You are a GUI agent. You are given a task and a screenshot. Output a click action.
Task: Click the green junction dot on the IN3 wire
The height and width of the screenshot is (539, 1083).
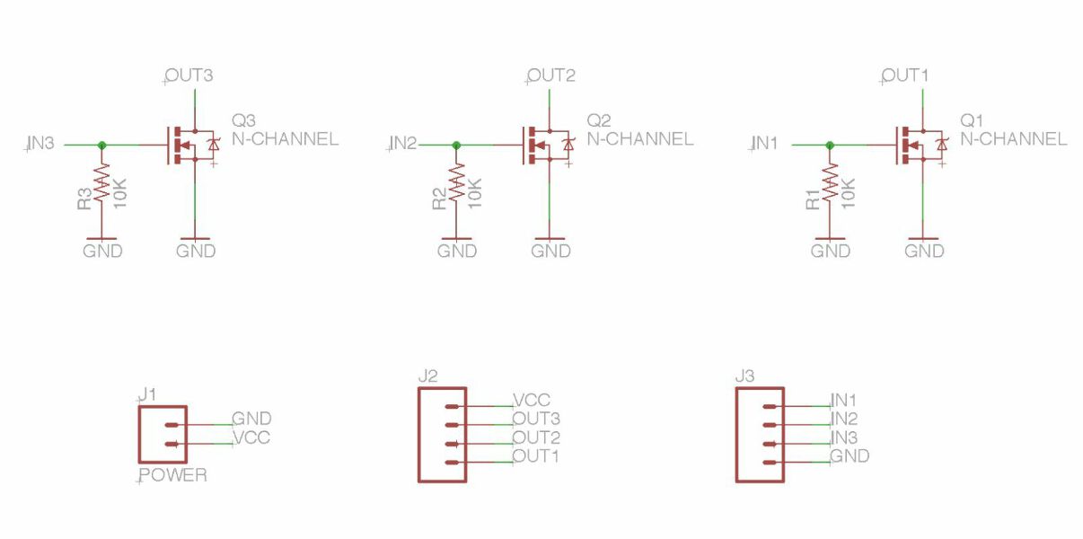pos(101,145)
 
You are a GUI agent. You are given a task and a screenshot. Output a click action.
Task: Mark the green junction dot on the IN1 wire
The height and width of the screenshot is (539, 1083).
pos(830,145)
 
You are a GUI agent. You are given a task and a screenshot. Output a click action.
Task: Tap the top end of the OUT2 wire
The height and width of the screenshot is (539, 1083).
pos(550,89)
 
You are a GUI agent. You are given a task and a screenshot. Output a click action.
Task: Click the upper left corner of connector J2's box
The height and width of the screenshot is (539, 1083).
pos(418,388)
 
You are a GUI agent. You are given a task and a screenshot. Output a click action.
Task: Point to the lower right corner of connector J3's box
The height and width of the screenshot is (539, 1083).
pos(783,482)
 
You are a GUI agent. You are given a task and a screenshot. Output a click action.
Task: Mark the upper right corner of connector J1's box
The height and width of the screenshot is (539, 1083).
pos(186,407)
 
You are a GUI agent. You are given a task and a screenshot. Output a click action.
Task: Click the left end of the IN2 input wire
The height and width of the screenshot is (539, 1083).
pos(418,145)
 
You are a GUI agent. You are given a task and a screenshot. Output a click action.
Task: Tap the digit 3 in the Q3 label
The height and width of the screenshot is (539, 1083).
pos(250,120)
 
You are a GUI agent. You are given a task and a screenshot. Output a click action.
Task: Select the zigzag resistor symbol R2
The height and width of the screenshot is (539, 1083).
pos(456,182)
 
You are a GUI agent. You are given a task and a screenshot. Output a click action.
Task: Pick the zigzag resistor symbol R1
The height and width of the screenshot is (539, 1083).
pos(830,182)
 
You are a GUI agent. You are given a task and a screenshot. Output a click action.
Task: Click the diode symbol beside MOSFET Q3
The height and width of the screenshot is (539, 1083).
pos(213,145)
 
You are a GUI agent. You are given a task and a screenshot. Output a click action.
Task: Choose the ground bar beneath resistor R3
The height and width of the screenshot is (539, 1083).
pos(101,239)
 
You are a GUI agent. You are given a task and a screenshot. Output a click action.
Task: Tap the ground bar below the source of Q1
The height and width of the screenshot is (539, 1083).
pos(923,239)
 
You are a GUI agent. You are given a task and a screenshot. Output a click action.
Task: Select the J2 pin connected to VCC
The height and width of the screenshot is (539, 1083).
pos(452,406)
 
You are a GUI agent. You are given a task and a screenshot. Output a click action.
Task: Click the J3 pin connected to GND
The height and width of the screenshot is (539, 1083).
pos(770,463)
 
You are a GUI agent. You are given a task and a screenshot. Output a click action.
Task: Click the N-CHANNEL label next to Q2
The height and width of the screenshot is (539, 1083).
pos(640,139)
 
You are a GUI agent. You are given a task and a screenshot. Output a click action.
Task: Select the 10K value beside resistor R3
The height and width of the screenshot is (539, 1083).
pos(120,193)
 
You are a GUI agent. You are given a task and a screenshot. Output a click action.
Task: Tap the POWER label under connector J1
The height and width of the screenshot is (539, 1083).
pos(173,475)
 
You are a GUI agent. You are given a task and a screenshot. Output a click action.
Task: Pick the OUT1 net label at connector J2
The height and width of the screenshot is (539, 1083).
pos(536,455)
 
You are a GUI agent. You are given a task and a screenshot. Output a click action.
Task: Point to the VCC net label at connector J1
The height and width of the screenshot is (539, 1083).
pos(251,437)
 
